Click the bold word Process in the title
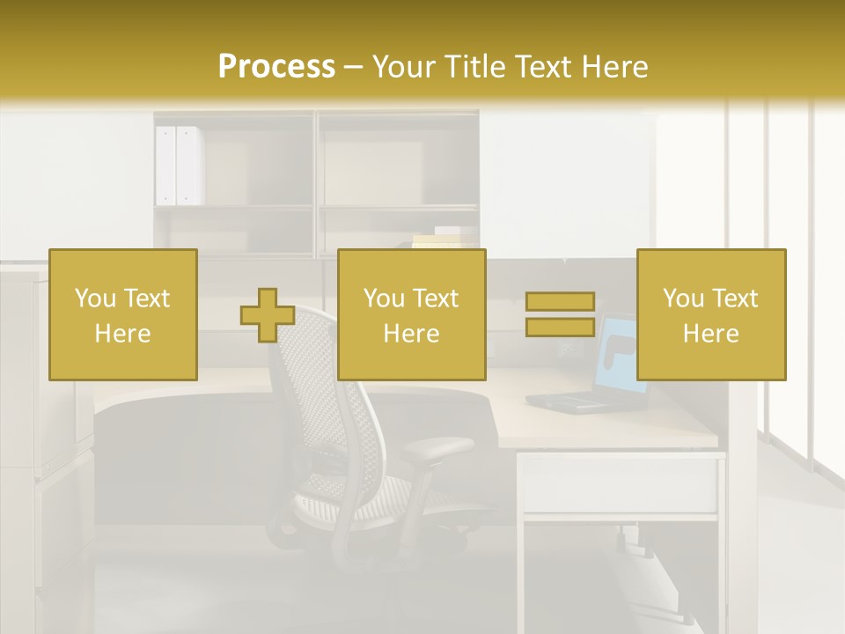tap(276, 67)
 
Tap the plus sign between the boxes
tap(268, 315)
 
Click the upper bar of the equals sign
tap(560, 302)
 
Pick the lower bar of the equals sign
tap(560, 327)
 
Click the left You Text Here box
tap(123, 314)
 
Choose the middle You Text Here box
tap(412, 314)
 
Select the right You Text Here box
tap(711, 314)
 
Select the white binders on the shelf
tap(179, 166)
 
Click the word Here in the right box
tap(711, 334)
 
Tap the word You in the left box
tap(94, 299)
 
